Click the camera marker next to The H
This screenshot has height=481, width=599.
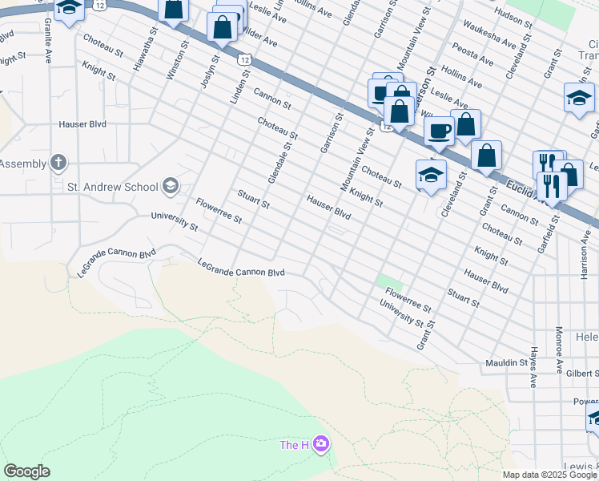click(x=321, y=444)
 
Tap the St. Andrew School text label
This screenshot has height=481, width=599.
click(x=113, y=187)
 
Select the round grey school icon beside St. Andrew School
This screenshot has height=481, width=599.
click(x=170, y=187)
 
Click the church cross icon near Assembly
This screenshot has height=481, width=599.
click(x=58, y=164)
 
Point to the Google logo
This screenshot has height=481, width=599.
click(x=26, y=471)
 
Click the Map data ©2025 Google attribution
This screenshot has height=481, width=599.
click(x=549, y=475)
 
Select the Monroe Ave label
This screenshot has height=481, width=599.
click(x=558, y=350)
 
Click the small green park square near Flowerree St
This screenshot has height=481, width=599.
click(x=390, y=282)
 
